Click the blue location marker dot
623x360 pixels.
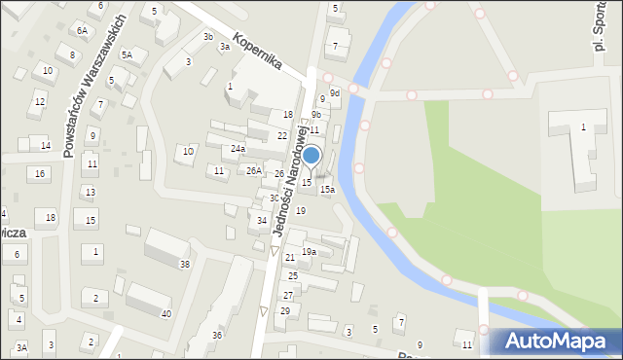click(311, 155)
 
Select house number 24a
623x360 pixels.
click(238, 149)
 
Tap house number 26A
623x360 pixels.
click(253, 171)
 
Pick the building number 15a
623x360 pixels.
click(328, 190)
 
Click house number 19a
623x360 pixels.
click(309, 252)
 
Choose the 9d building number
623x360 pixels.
click(335, 93)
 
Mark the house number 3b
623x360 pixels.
click(208, 37)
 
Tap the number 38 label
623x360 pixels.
click(185, 265)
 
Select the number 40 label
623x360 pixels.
click(166, 313)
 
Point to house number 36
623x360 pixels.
click(217, 336)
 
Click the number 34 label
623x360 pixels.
click(262, 221)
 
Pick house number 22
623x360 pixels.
click(282, 136)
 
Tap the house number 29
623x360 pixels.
click(285, 311)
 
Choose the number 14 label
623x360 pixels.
click(45, 146)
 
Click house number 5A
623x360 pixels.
click(127, 55)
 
